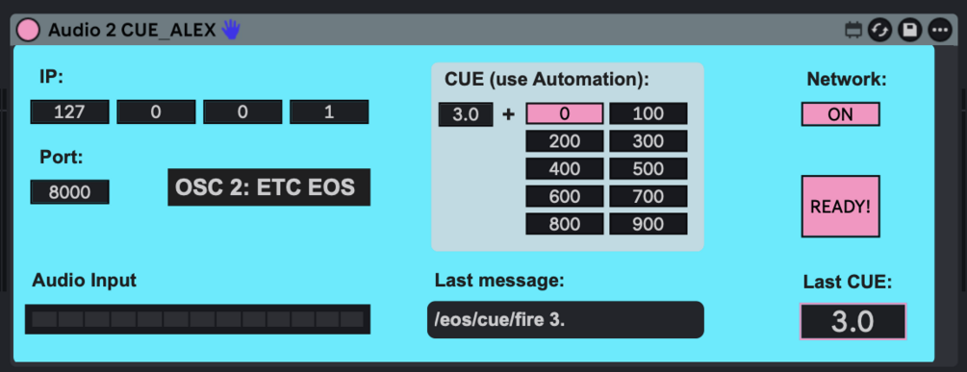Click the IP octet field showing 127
(x=69, y=112)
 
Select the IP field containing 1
(x=329, y=112)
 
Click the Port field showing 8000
(x=69, y=192)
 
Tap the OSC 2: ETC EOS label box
(x=268, y=187)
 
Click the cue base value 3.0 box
(x=466, y=114)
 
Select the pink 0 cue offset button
(x=564, y=114)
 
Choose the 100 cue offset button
(x=649, y=114)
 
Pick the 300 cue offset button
(x=649, y=141)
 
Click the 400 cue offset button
(x=564, y=169)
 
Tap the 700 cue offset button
(x=649, y=196)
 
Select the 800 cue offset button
(x=564, y=224)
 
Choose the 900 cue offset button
(x=649, y=224)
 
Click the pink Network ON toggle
(x=841, y=114)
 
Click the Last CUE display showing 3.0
(x=852, y=321)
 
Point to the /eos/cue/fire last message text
(x=499, y=320)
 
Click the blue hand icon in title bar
(x=231, y=29)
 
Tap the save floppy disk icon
(x=909, y=30)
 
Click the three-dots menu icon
(x=940, y=30)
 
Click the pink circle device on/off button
(x=28, y=30)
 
